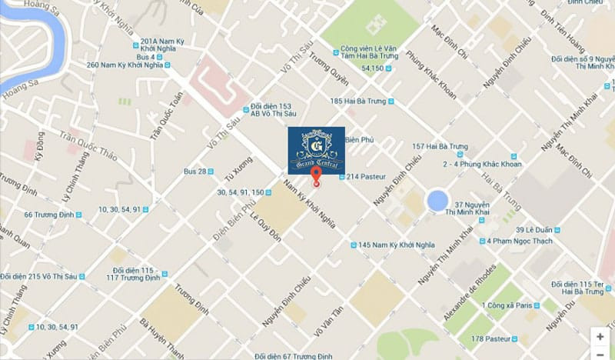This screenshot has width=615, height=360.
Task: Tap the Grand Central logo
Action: (x=316, y=149)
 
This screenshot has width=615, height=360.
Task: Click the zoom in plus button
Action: (x=600, y=336)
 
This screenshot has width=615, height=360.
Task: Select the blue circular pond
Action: (x=436, y=202)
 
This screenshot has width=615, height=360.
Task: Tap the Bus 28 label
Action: (x=195, y=171)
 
